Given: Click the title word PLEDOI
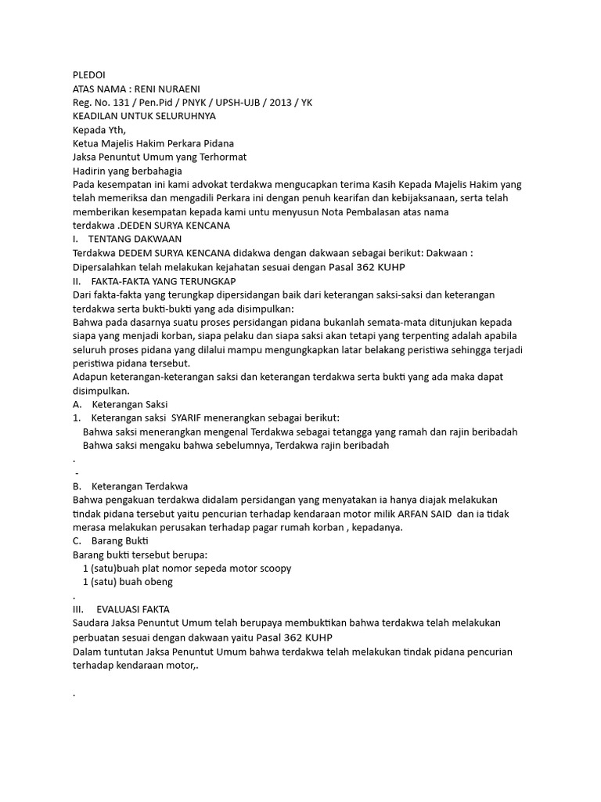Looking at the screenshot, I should pyautogui.click(x=88, y=74).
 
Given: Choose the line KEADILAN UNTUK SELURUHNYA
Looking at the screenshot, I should pyautogui.click(x=143, y=116).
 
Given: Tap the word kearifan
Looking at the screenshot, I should pyautogui.click(x=363, y=198).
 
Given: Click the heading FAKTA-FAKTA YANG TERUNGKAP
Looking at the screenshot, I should pyautogui.click(x=164, y=280).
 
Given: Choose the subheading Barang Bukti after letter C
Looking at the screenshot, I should pyautogui.click(x=119, y=540).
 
